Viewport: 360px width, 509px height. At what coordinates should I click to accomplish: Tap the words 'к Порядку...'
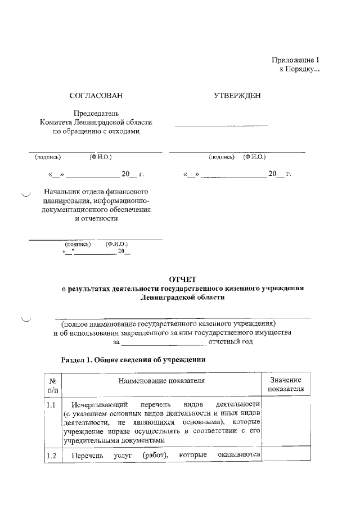(299, 69)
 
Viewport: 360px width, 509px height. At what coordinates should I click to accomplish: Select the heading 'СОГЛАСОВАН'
(95, 96)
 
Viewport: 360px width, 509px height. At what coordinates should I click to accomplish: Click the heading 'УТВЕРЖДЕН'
(237, 96)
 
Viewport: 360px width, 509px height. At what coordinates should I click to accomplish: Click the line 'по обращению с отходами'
(96, 131)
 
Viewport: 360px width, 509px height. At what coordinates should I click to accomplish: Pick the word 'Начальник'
(62, 191)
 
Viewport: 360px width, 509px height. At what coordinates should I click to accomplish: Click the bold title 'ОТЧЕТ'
(182, 278)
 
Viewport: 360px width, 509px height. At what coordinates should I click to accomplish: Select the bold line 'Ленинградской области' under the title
(182, 298)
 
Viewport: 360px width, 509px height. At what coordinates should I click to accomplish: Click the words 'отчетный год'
(231, 341)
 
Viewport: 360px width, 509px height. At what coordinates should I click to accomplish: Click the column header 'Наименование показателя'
(161, 381)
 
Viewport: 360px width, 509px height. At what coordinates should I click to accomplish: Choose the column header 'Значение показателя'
(286, 384)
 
